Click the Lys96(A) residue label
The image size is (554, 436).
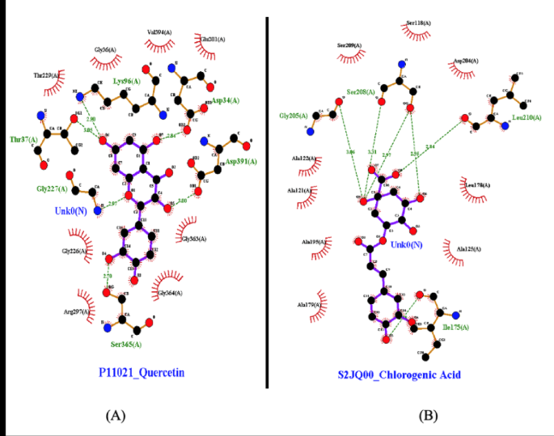(127, 81)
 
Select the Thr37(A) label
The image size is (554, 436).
(23, 139)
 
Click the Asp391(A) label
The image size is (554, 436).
(241, 162)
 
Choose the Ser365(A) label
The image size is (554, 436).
(128, 345)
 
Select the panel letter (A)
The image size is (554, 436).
(116, 415)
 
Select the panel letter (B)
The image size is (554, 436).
(427, 415)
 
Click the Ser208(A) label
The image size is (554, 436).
(361, 91)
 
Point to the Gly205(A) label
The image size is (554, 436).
(294, 116)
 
